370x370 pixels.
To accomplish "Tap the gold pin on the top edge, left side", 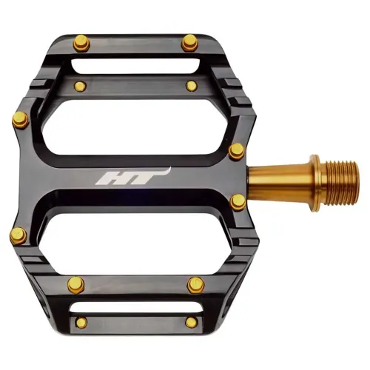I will point(83,43).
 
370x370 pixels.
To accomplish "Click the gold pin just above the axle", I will point(237,150).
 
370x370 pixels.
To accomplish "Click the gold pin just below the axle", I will point(237,202).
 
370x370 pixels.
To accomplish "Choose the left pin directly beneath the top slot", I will point(80,87).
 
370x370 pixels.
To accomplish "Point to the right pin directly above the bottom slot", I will point(195,283).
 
